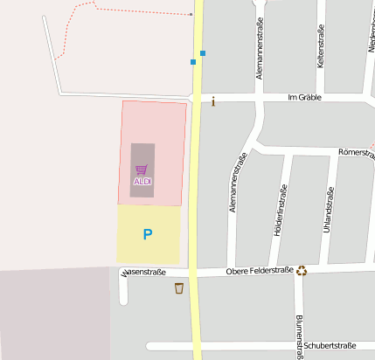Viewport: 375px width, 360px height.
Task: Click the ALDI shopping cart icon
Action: click(x=142, y=169)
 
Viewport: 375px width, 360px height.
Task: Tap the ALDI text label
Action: click(x=142, y=181)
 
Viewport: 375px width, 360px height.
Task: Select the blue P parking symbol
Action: click(x=147, y=234)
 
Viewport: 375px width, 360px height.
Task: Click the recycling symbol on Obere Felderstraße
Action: click(x=302, y=271)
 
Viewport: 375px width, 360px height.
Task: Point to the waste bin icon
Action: click(x=179, y=288)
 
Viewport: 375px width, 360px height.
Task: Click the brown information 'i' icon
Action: click(x=213, y=102)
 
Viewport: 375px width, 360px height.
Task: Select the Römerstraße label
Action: click(x=356, y=152)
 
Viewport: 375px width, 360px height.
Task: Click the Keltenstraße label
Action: click(x=321, y=46)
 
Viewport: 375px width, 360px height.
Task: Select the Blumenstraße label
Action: click(x=299, y=335)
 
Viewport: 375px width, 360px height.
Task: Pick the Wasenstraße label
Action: click(x=145, y=273)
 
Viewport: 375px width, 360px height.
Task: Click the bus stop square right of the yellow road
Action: click(x=203, y=53)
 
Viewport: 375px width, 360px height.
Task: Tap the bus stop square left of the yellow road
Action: click(x=193, y=62)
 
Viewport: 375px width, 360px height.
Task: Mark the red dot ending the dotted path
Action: click(x=191, y=15)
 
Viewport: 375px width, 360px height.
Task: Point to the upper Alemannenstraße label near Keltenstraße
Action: click(x=260, y=52)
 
